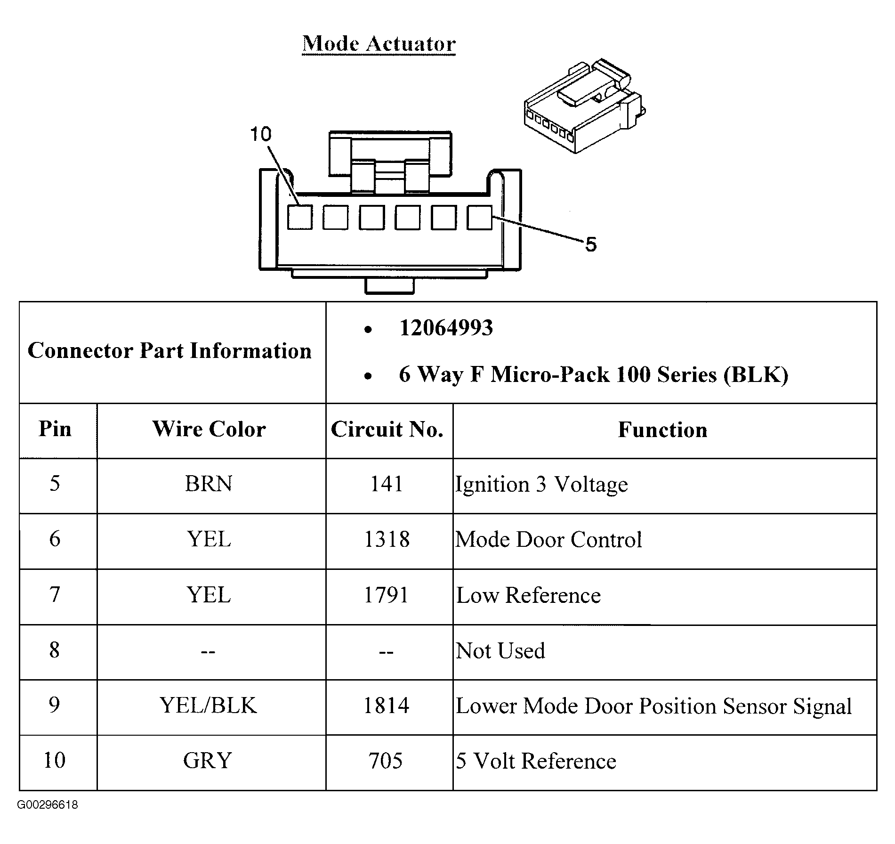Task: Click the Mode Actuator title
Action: (379, 44)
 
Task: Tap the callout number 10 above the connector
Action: (260, 134)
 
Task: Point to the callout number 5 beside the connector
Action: (591, 244)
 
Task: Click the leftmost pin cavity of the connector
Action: (300, 218)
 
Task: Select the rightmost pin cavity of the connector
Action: (479, 218)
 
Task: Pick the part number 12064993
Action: (446, 328)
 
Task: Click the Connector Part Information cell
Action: (169, 351)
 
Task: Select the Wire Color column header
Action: (209, 429)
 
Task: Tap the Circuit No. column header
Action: (387, 429)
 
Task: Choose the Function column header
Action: (662, 430)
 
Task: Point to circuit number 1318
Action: (387, 539)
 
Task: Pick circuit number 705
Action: (386, 761)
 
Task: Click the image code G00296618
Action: (48, 805)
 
